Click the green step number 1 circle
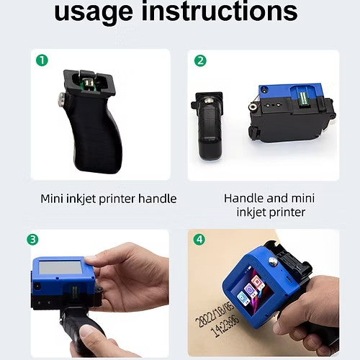[42, 60]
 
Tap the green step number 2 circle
[200, 60]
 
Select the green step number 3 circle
[32, 239]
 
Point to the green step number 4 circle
[199, 239]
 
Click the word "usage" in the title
[94, 12]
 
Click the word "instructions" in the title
[220, 11]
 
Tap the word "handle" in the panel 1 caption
[158, 199]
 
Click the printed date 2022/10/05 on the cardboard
[215, 315]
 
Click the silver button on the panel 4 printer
[272, 261]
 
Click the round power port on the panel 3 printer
[37, 287]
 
